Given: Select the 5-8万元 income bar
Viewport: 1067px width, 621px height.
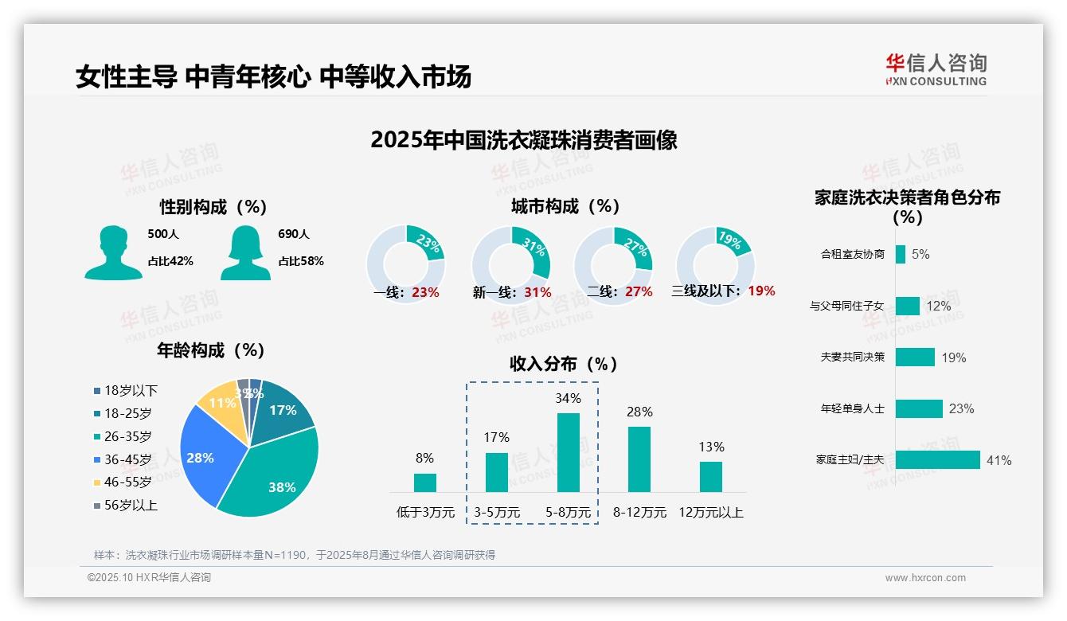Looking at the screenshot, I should pos(568,452).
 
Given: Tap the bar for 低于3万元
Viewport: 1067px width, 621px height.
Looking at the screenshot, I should pos(425,482).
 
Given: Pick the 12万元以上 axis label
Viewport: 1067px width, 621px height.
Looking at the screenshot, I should pos(710,513).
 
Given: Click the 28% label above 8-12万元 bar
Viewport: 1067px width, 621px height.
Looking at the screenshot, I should pos(639,412).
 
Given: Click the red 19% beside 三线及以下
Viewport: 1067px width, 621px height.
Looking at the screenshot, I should pos(761,291).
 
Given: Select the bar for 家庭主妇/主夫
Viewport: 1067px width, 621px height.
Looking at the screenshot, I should pos(937,460).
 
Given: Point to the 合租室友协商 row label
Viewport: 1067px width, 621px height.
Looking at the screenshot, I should pos(852,255).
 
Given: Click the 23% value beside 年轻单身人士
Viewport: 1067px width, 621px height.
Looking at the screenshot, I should pos(961,408).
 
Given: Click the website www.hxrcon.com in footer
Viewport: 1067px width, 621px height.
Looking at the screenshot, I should pos(925,578).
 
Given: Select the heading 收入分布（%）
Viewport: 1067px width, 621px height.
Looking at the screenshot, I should pos(564,364).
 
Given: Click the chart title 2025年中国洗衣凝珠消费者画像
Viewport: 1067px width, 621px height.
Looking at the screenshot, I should pos(523,140).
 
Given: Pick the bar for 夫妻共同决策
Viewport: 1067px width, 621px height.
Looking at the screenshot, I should pos(915,357).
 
